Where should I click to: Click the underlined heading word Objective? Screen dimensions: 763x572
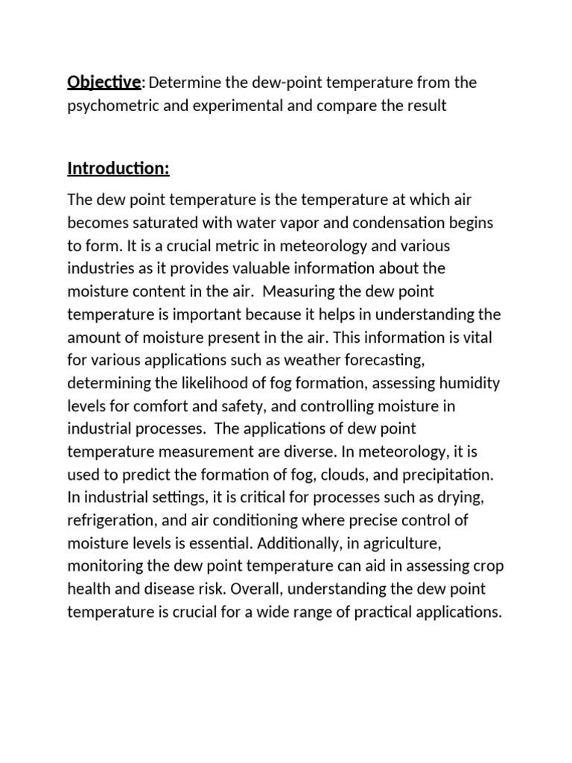tap(104, 83)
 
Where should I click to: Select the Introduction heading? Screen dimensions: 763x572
tap(118, 169)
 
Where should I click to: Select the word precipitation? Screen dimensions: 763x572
tap(439, 475)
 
